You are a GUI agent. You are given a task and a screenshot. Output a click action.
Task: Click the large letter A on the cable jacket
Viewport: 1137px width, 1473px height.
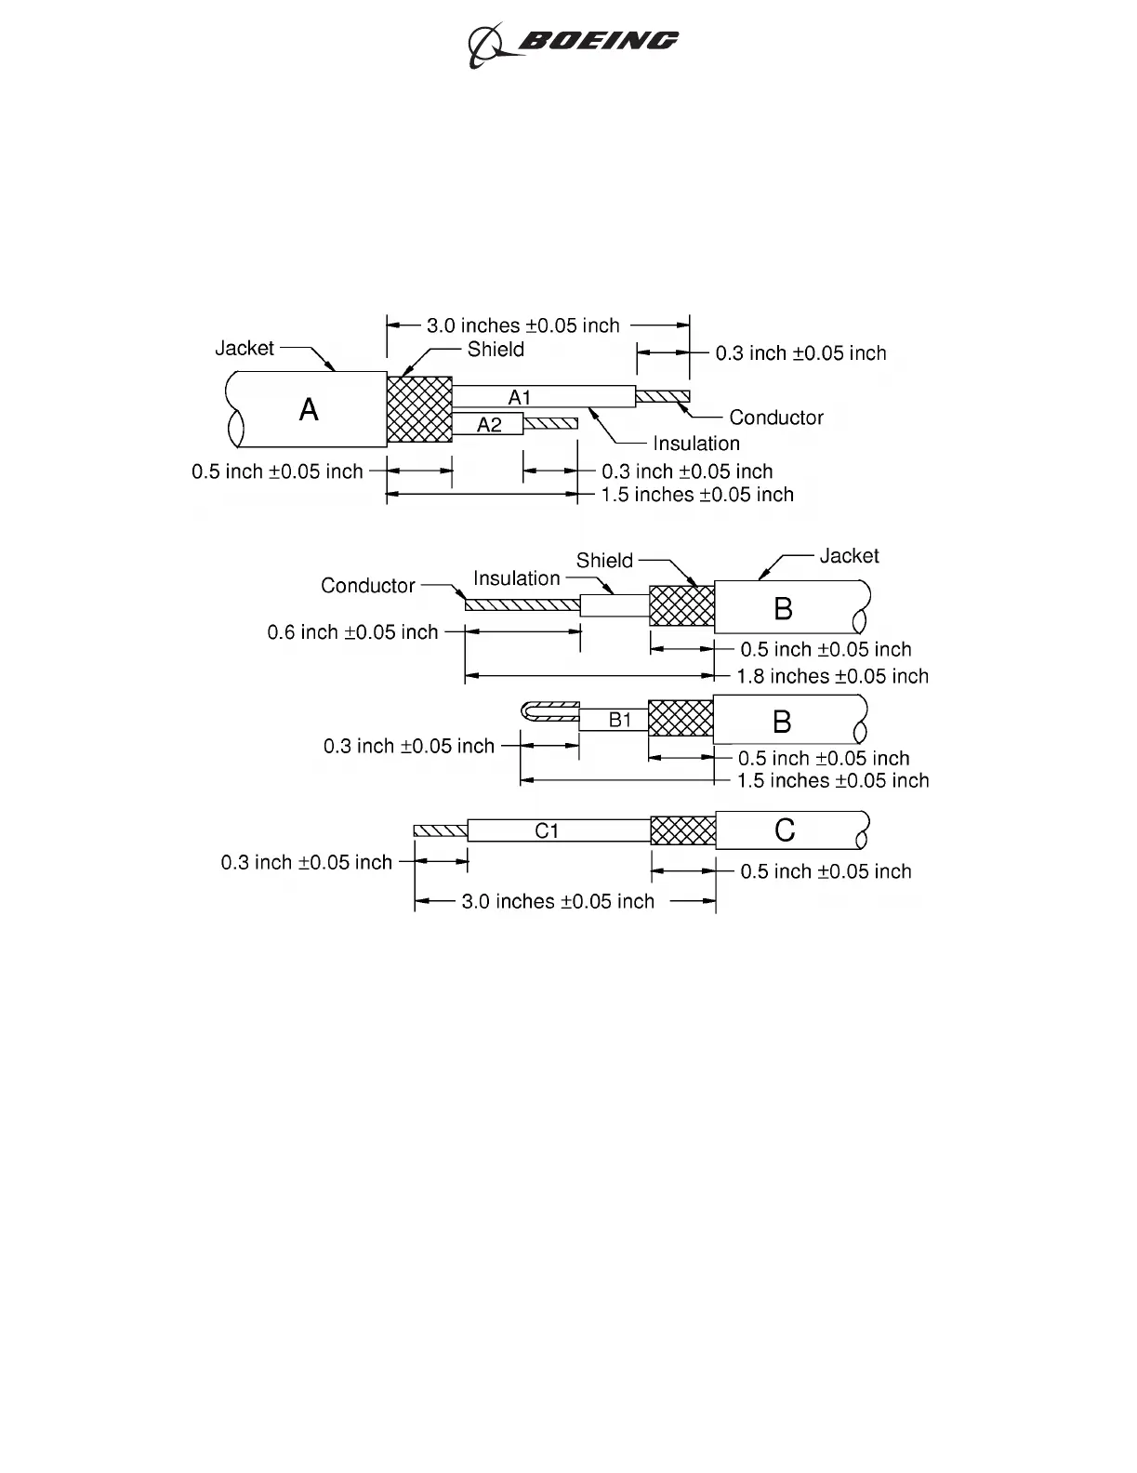coord(309,409)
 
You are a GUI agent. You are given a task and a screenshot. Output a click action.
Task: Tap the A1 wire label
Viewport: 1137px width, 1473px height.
coord(519,398)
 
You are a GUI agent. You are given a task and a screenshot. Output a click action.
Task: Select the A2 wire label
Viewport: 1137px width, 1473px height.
coord(489,425)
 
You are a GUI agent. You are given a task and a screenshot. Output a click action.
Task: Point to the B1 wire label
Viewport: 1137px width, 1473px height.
coord(620,720)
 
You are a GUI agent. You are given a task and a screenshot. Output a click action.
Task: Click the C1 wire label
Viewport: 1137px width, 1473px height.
coord(547,830)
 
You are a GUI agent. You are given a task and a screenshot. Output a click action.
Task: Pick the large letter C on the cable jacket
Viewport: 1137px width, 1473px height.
coord(785,829)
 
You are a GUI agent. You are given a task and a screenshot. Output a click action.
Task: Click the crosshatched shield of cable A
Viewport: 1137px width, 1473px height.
coord(419,409)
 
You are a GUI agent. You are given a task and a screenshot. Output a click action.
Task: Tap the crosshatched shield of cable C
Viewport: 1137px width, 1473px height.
coord(682,830)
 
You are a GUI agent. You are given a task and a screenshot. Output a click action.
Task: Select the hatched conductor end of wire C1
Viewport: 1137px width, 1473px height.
coord(440,830)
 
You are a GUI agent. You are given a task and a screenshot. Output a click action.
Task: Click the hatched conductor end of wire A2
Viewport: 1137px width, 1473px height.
coord(550,424)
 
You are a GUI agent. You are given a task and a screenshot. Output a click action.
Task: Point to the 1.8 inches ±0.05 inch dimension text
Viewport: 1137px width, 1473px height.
coord(832,676)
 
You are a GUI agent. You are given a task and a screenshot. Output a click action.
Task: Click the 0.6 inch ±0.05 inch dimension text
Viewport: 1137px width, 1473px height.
coord(352,632)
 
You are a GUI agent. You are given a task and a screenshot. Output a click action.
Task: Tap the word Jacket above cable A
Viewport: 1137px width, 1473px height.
coord(245,348)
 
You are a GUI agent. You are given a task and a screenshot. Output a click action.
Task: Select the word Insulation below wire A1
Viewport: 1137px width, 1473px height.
coord(695,444)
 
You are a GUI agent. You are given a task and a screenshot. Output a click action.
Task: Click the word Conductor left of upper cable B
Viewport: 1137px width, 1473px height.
coord(367,586)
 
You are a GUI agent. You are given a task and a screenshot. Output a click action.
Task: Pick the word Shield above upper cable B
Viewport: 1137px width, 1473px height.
coord(604,561)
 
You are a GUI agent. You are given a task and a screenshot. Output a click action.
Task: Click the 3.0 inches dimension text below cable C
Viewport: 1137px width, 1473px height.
coord(558,901)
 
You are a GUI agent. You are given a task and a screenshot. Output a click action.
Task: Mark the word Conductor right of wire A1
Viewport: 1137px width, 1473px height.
coord(776,418)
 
